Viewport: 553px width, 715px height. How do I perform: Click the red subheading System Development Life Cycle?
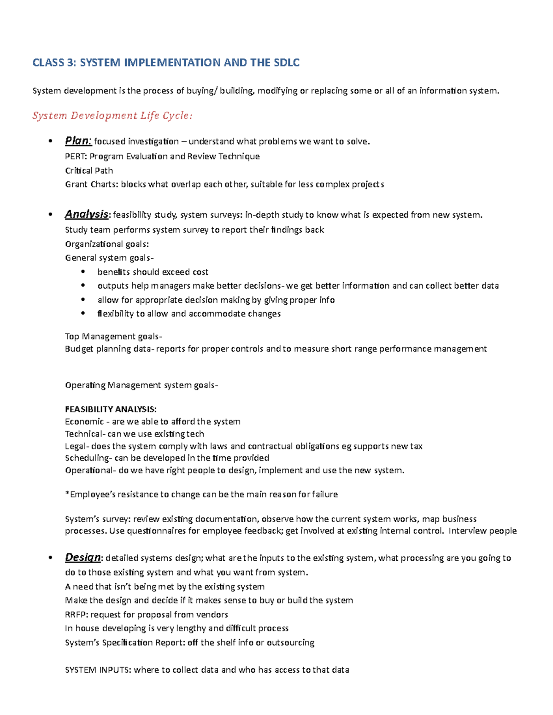112,116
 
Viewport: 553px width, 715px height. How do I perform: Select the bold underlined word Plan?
78,141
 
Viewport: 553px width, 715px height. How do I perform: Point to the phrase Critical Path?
89,170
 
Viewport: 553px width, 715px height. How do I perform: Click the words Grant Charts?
91,185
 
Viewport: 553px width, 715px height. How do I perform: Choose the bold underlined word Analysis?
87,214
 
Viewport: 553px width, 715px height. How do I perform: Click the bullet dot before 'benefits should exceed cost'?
83,272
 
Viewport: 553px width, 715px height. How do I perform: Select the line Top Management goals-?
113,337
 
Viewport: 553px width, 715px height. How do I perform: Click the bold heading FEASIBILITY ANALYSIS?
111,409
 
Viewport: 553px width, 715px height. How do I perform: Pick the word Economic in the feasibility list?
84,421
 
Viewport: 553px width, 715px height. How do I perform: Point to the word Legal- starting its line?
77,446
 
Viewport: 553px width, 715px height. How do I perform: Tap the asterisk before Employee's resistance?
67,494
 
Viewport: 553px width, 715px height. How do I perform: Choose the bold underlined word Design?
82,558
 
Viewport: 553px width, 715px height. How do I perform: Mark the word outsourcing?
290,643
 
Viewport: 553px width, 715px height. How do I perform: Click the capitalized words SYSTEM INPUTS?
98,670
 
